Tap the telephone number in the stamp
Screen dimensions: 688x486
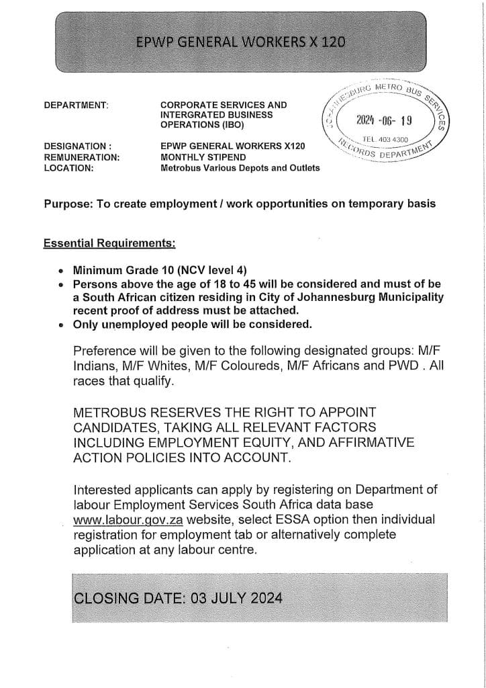tap(385, 139)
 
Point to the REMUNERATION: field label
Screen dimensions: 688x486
tap(82, 157)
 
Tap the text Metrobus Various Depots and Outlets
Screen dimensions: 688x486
tap(240, 168)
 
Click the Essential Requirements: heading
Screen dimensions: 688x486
tap(109, 243)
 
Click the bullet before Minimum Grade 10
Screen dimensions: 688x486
tap(61, 272)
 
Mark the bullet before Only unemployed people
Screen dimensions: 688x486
tap(61, 325)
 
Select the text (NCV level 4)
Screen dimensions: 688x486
tap(209, 272)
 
